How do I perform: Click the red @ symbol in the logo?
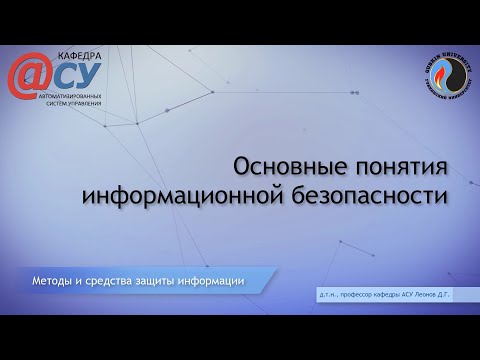[x=30, y=75]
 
